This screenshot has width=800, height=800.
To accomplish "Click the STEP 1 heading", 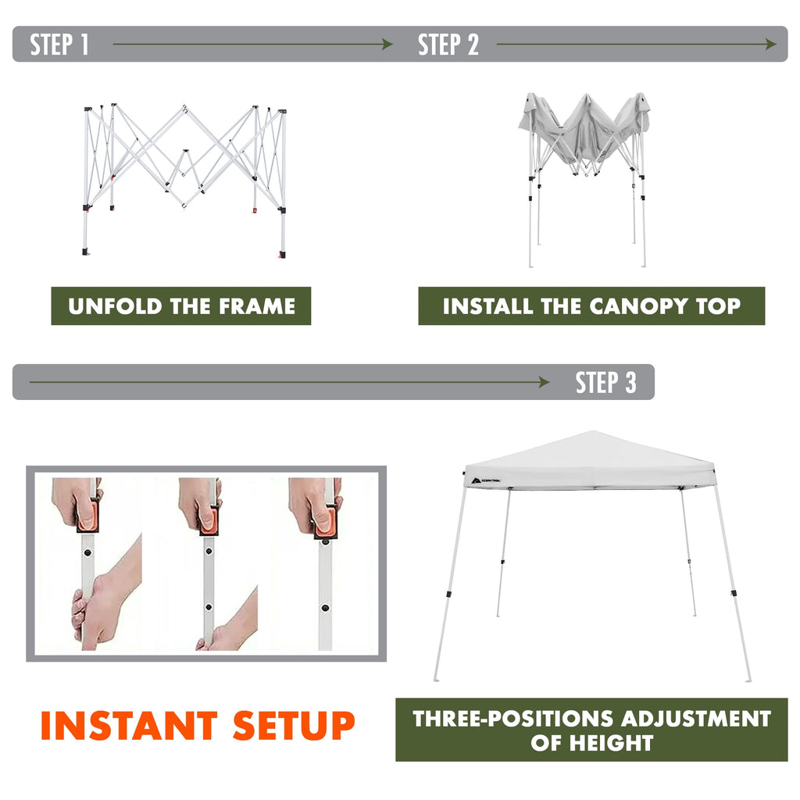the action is [59, 45].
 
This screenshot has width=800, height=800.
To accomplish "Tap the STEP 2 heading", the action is [448, 45].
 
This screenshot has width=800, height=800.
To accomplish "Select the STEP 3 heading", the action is [606, 382].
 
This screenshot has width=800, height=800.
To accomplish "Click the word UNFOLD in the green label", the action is [115, 306].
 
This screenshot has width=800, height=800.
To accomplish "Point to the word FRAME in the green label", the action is [257, 306].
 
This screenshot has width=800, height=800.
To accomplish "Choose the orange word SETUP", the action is [294, 725].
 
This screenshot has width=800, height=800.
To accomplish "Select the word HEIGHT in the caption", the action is [611, 743].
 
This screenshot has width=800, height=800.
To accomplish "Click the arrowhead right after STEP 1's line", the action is [387, 45].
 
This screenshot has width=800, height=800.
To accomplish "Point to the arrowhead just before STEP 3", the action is [544, 382].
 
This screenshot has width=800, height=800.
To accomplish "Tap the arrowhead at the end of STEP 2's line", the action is [771, 45].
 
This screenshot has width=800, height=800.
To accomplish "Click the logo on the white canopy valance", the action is [483, 480].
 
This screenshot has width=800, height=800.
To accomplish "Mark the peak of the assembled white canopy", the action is [592, 431].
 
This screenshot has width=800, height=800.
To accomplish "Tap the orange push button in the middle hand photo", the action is [209, 520].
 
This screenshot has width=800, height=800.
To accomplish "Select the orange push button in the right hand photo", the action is [326, 521].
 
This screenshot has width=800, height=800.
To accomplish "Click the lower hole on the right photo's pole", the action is [325, 608].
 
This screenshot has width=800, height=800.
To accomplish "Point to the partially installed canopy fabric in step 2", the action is [584, 130].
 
